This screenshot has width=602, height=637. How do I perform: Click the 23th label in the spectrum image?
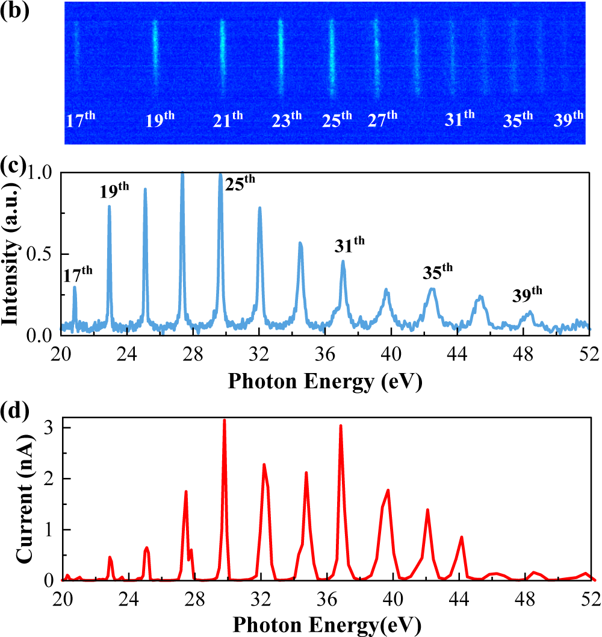coord(287,119)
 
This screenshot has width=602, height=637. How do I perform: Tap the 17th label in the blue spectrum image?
coord(80,119)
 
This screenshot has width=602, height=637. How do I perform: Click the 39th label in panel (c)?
coord(527,295)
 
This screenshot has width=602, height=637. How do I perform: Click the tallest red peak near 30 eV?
coord(225,420)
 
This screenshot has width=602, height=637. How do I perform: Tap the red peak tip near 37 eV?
coord(341,425)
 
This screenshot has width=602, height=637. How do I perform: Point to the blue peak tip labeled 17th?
coord(75,287)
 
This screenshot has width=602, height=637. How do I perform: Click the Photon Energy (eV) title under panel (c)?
coord(325,381)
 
